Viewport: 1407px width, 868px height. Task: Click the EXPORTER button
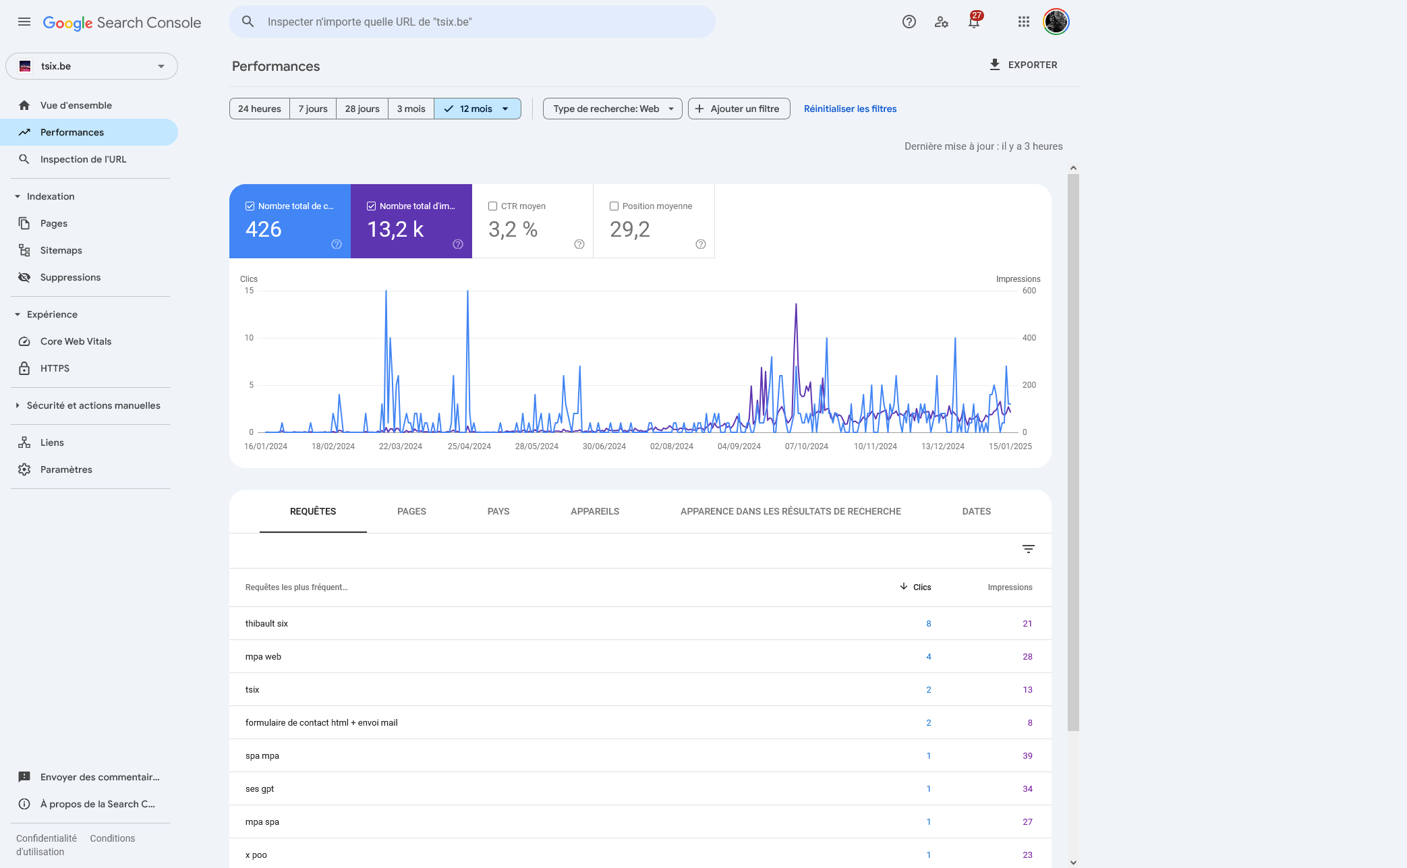pyautogui.click(x=1023, y=65)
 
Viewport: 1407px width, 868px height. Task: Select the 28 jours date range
pyautogui.click(x=362, y=109)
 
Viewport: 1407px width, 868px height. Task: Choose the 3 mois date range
pyautogui.click(x=411, y=109)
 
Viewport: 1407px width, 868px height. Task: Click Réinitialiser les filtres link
pyautogui.click(x=850, y=109)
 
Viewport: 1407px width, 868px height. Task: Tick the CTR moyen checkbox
pyautogui.click(x=492, y=206)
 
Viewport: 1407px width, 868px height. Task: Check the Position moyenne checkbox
pyautogui.click(x=614, y=206)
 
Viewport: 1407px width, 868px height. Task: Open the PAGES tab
pyautogui.click(x=411, y=511)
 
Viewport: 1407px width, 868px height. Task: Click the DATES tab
pyautogui.click(x=976, y=511)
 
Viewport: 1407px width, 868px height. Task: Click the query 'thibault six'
pyautogui.click(x=266, y=624)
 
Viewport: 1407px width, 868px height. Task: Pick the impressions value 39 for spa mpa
pyautogui.click(x=1027, y=756)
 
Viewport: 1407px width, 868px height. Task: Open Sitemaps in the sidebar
pyautogui.click(x=61, y=250)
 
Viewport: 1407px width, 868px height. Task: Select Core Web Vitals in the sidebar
pyautogui.click(x=76, y=341)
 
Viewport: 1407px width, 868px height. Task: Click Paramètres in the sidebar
pyautogui.click(x=66, y=469)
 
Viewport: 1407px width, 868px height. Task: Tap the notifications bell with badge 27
pyautogui.click(x=974, y=21)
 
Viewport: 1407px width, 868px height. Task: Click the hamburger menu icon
pyautogui.click(x=24, y=22)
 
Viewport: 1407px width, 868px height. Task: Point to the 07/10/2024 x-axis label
pyautogui.click(x=806, y=446)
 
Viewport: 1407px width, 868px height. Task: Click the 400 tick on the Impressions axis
pyautogui.click(x=1029, y=338)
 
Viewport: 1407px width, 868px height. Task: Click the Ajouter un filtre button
pyautogui.click(x=739, y=109)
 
